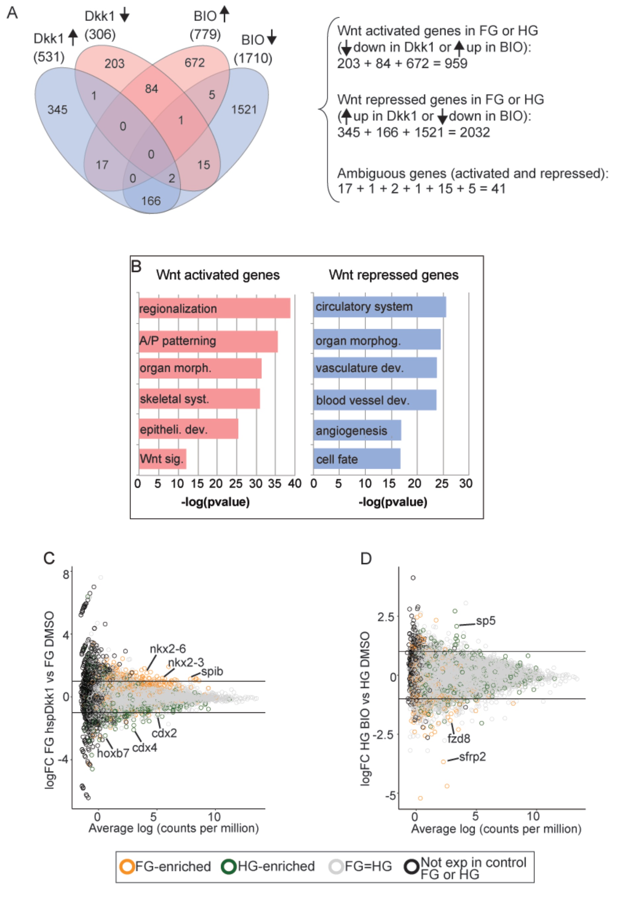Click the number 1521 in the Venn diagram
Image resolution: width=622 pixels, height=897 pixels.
[x=244, y=110]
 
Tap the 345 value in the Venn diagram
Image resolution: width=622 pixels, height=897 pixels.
[x=57, y=110]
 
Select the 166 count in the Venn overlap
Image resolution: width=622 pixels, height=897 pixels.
[x=151, y=201]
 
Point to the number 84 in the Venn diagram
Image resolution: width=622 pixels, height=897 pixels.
[x=152, y=89]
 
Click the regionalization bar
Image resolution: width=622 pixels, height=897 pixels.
[x=214, y=308]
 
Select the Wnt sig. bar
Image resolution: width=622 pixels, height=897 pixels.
[x=162, y=458]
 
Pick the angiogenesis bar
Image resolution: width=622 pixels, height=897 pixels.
[x=357, y=430]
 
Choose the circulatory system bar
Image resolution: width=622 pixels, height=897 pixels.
[x=379, y=307]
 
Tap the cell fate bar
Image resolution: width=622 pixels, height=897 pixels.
[x=357, y=459]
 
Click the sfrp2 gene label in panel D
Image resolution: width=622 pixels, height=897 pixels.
[x=472, y=757]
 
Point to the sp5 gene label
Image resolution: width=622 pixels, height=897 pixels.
[x=486, y=620]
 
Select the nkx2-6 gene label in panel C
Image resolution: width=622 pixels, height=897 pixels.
[x=168, y=649]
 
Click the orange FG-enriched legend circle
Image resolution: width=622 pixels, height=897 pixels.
[x=127, y=866]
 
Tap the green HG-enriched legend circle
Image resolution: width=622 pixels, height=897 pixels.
[x=229, y=866]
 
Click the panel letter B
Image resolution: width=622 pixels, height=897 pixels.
[x=136, y=267]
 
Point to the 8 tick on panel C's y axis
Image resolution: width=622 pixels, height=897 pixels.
[x=66, y=574]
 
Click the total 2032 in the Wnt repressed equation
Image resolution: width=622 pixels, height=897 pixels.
[x=474, y=132]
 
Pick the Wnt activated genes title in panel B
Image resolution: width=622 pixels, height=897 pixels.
[x=218, y=275]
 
